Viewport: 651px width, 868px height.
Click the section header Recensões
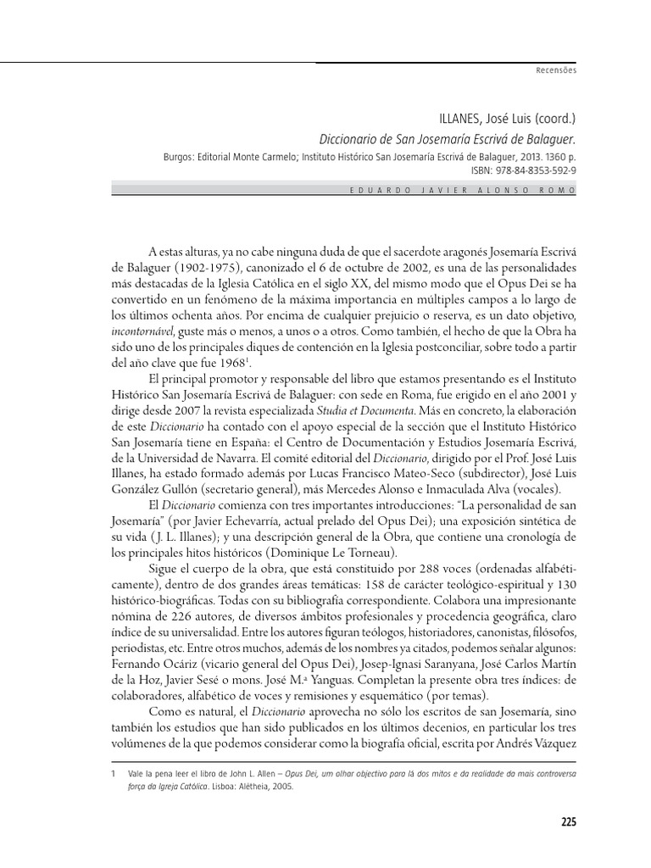[x=556, y=70]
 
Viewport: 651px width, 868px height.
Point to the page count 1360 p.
[x=559, y=157]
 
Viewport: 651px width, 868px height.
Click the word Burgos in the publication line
[x=180, y=157]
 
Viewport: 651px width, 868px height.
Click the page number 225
[x=568, y=821]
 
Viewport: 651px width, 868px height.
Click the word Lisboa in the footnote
[x=228, y=787]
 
